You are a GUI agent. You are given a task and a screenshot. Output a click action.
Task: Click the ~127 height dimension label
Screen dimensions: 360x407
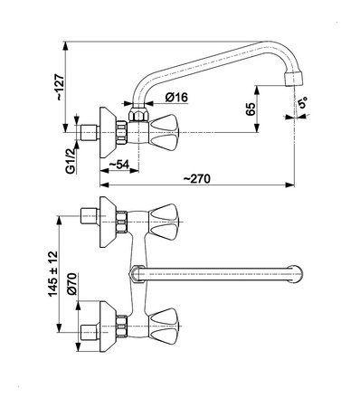60,87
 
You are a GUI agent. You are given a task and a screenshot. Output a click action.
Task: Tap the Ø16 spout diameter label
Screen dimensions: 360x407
176,97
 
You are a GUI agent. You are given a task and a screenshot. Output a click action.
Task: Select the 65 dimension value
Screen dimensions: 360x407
251,109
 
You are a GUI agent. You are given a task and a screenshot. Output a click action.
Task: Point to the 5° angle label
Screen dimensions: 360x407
302,103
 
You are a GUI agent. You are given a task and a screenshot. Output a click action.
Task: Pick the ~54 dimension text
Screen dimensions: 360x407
118,165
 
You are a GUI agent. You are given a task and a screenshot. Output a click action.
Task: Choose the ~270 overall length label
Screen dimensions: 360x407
197,178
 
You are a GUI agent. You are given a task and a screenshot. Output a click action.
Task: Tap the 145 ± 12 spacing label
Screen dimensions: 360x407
52,273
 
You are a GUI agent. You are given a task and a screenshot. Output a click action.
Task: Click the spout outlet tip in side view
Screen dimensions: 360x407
293,80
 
